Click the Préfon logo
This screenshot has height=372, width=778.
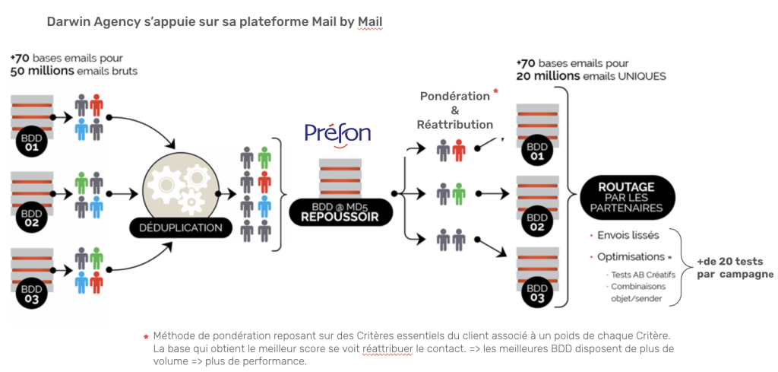337,134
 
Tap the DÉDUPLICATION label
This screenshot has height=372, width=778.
180,227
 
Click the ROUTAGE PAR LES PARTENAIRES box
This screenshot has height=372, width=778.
625,197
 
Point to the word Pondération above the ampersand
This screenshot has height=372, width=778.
454,97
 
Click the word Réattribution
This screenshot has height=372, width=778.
454,124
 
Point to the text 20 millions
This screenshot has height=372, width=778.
546,76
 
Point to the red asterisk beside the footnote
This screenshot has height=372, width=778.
146,337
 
